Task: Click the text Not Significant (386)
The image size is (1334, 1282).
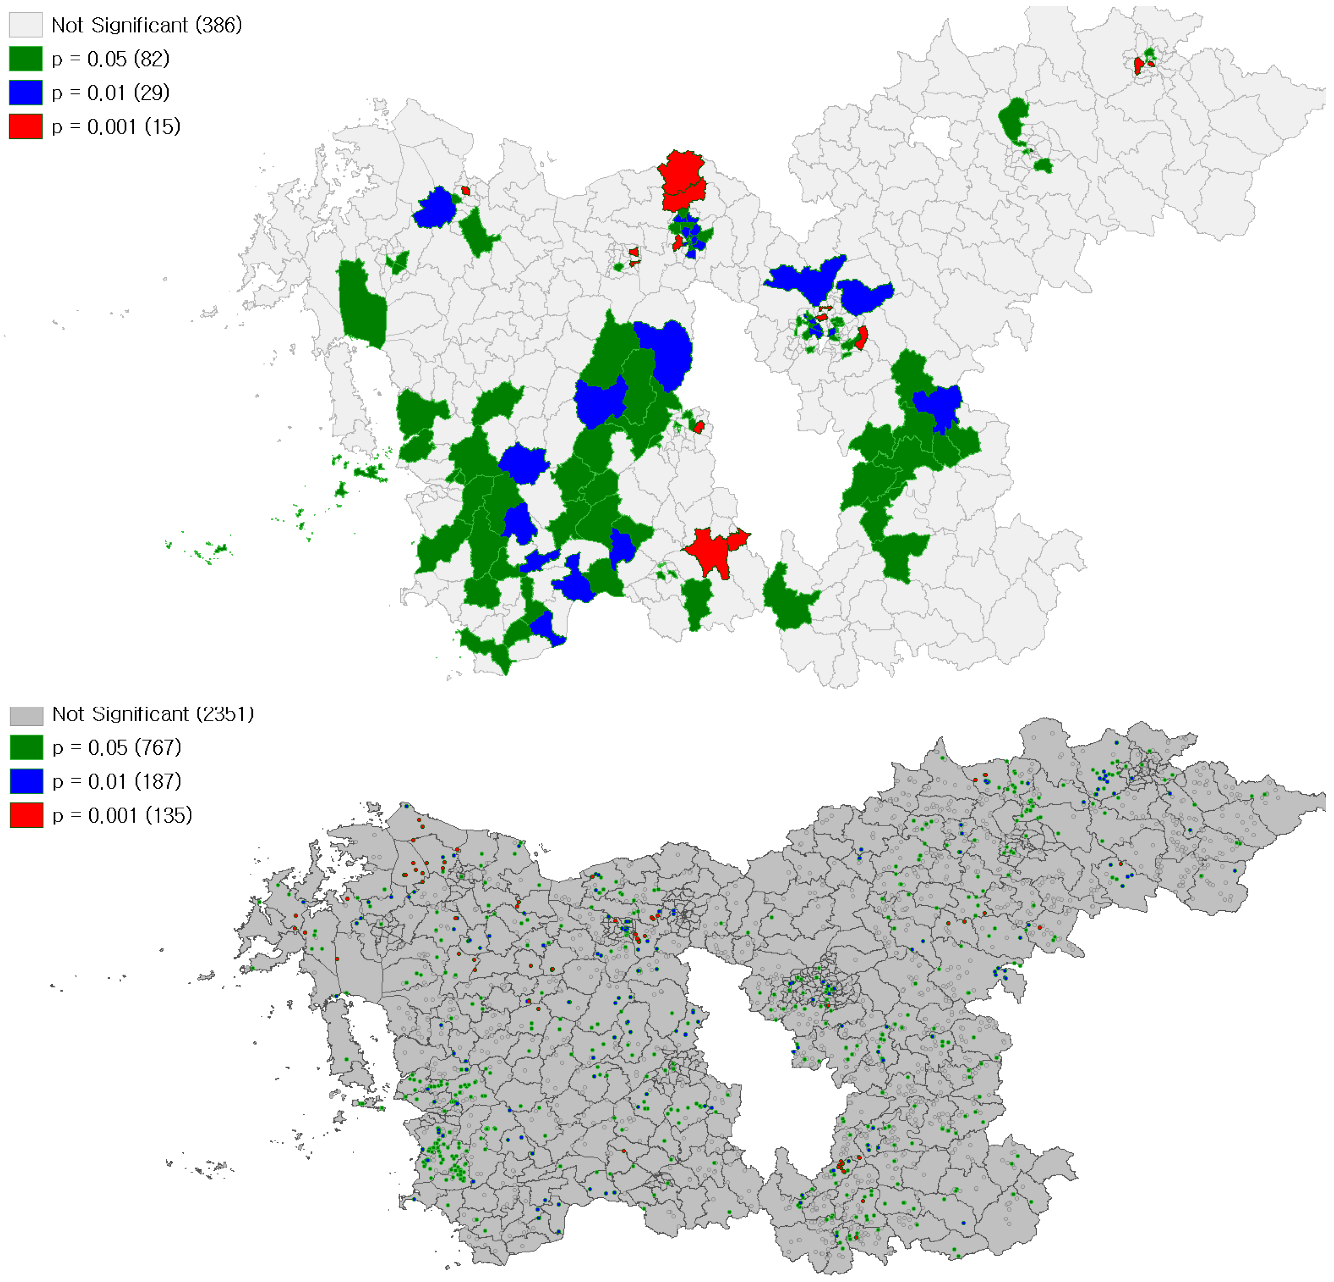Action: coord(146,25)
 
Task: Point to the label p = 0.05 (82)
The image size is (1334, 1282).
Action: coord(110,59)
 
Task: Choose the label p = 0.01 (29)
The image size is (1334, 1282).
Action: coord(110,92)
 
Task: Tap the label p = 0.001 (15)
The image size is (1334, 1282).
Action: coord(116,126)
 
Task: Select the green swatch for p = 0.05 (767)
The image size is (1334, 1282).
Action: coord(26,748)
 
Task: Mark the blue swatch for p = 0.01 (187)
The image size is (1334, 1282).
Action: coord(26,781)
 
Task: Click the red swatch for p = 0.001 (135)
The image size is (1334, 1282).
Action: coord(26,815)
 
